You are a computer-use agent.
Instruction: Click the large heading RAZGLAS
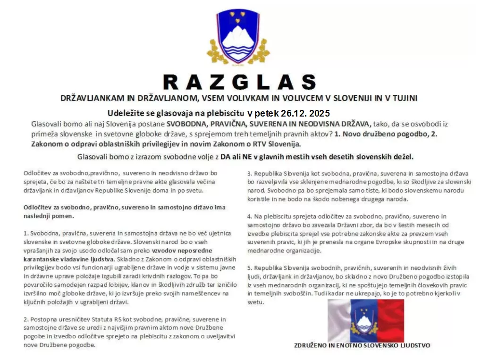pos(239,82)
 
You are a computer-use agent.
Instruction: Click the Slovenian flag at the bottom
pos(366,320)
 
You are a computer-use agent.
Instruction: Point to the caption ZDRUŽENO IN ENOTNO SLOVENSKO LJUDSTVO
pos(362,345)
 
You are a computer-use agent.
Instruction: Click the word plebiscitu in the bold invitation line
pos(224,114)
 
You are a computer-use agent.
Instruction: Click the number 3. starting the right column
pos(250,173)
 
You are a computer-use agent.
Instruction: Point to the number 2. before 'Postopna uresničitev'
pos(25,319)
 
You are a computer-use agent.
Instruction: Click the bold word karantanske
pos(42,259)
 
